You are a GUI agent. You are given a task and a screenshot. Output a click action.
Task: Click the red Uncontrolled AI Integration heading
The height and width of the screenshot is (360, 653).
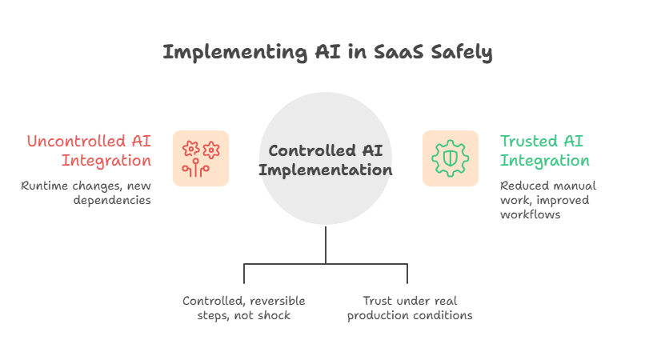coord(89,150)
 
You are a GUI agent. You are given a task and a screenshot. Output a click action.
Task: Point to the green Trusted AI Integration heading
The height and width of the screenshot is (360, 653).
coord(545,150)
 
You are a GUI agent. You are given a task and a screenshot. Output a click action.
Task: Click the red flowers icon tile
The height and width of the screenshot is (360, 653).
coord(201,158)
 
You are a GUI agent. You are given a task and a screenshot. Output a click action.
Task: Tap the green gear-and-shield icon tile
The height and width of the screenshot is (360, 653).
coord(451,158)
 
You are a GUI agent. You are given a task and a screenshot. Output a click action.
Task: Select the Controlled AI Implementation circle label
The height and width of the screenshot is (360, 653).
coord(325,160)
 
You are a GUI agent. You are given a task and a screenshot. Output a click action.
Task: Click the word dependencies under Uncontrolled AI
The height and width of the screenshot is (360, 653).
coord(112,201)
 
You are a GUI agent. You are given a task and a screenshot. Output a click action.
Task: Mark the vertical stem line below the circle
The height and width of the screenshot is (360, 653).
coord(326,244)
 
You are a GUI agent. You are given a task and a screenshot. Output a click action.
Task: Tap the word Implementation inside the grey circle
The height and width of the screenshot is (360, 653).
coord(325,170)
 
